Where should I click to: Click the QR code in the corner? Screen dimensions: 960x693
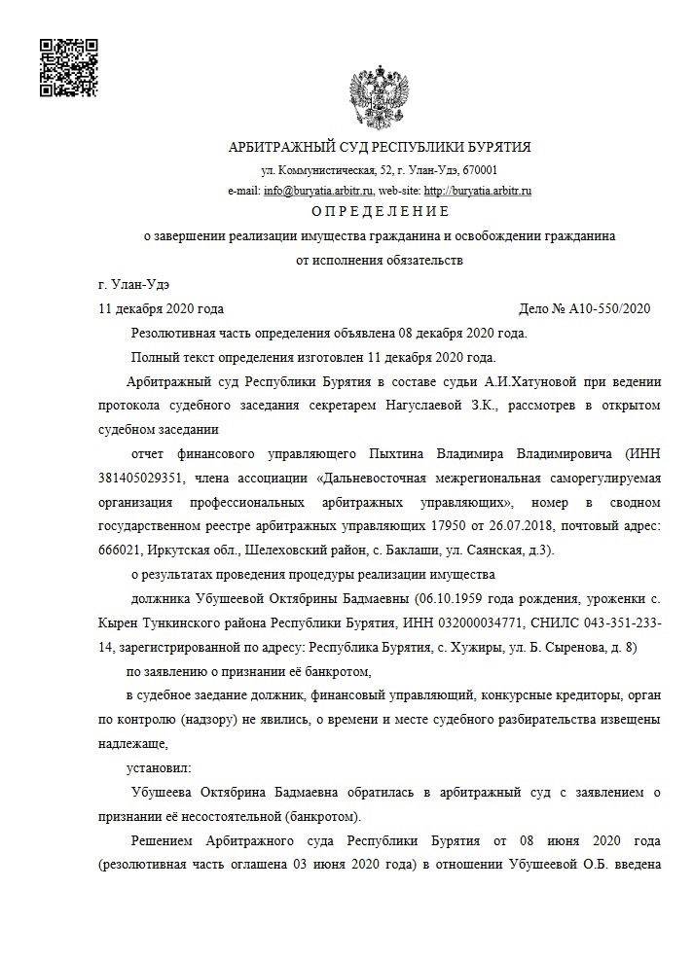click(x=68, y=67)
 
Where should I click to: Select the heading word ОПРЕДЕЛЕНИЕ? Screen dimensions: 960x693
click(x=380, y=211)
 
